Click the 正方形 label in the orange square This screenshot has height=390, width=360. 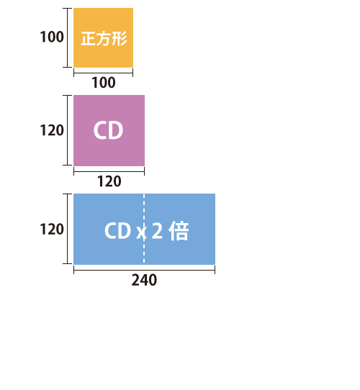(104, 39)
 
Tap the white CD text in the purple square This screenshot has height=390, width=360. (108, 130)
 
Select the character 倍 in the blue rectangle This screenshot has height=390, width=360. (179, 231)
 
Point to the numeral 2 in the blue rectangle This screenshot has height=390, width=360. (157, 230)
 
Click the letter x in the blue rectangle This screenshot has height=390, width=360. (141, 233)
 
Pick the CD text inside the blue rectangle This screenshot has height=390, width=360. (118, 230)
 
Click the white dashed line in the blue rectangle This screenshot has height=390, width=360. (144, 229)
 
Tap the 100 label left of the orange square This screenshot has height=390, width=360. (52, 37)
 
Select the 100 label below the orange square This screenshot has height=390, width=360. (104, 83)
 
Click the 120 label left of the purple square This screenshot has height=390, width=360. (52, 130)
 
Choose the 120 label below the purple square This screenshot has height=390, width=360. (109, 181)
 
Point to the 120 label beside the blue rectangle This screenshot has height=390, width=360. (52, 229)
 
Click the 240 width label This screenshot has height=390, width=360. (144, 280)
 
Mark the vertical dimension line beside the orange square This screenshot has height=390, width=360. (67, 37)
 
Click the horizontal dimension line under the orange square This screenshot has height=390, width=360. (103, 73)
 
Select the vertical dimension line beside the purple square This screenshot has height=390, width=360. (67, 130)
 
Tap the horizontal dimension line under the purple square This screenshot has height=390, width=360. (109, 171)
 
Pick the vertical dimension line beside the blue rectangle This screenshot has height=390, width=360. (67, 229)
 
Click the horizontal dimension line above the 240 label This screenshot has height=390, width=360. (145, 270)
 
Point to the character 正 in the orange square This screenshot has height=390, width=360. (89, 39)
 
